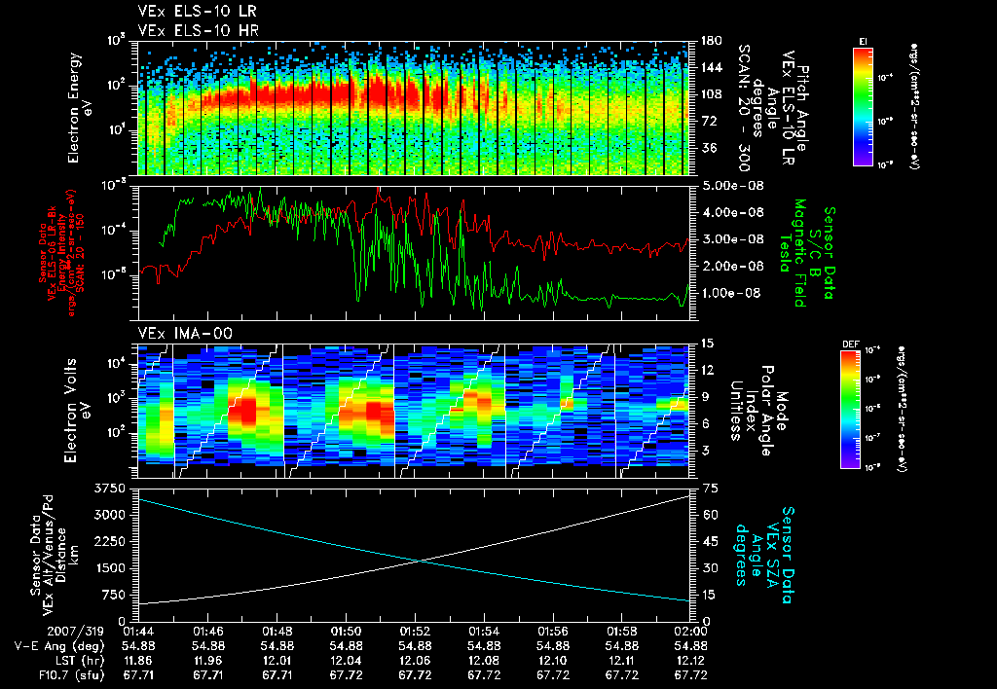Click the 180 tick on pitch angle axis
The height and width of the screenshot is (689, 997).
click(711, 41)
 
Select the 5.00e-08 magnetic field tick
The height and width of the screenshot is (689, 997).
click(722, 185)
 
